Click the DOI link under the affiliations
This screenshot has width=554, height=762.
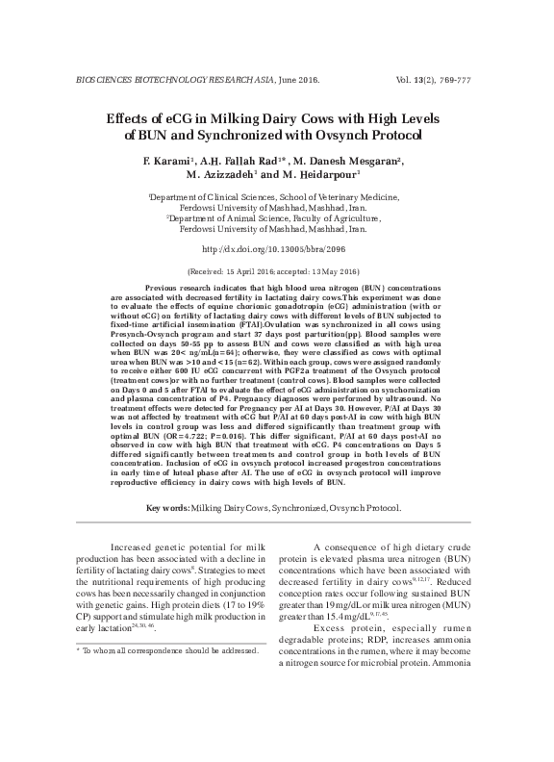pos(276,249)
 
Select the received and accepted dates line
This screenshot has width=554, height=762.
pos(276,272)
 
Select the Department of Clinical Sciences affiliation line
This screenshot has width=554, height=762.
pos(276,196)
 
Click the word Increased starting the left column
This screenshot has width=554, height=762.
pos(136,547)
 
